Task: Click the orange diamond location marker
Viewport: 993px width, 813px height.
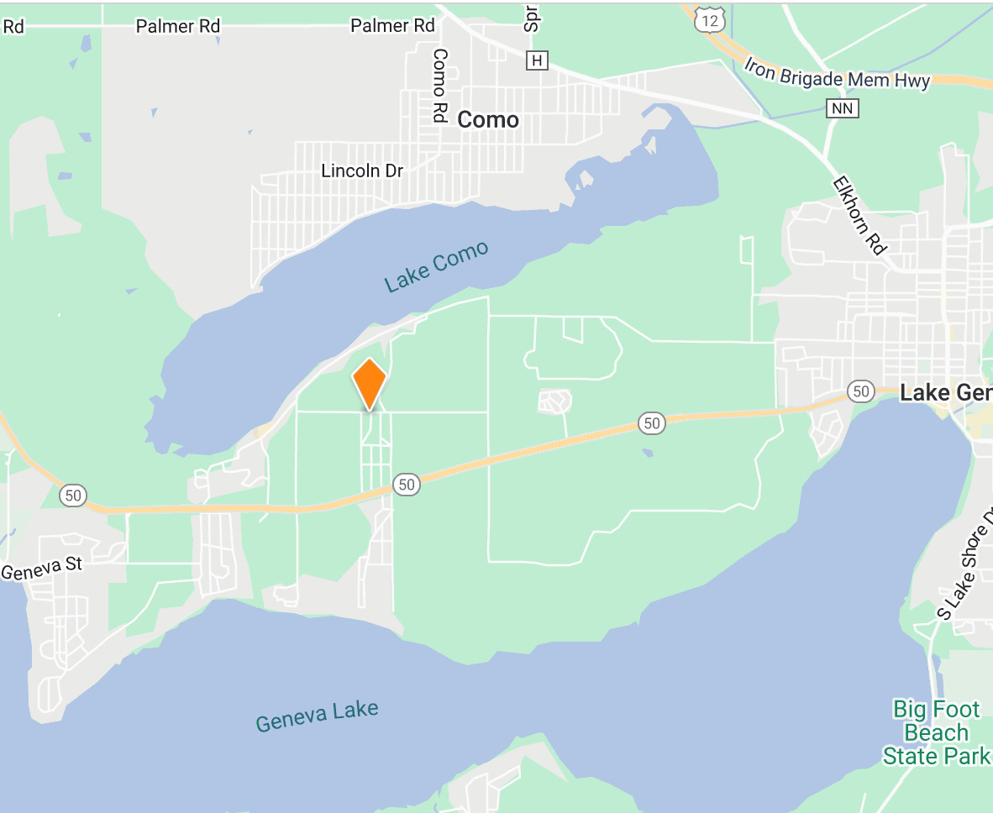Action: (369, 382)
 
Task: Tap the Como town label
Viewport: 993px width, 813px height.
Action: (488, 120)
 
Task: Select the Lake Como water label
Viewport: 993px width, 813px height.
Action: (436, 267)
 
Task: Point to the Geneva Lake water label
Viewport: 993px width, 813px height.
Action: (317, 716)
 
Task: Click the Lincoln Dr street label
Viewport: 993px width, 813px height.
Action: (362, 170)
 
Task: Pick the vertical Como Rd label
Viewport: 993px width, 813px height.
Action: (439, 85)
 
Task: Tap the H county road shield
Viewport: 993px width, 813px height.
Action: (537, 60)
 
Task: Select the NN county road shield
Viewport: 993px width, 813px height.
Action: (842, 108)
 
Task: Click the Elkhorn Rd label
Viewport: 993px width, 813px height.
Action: (859, 215)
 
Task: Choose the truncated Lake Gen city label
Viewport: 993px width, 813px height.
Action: (945, 393)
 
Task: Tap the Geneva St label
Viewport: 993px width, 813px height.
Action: (42, 569)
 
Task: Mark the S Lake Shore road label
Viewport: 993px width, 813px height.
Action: (964, 568)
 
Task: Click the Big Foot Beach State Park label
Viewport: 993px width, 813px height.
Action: (936, 732)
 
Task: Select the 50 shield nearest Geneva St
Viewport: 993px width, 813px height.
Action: (73, 495)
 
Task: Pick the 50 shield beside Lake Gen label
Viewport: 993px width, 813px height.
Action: (860, 391)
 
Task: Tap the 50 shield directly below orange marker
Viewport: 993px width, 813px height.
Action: (407, 484)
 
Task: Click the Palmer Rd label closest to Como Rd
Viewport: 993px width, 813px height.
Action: (392, 26)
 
